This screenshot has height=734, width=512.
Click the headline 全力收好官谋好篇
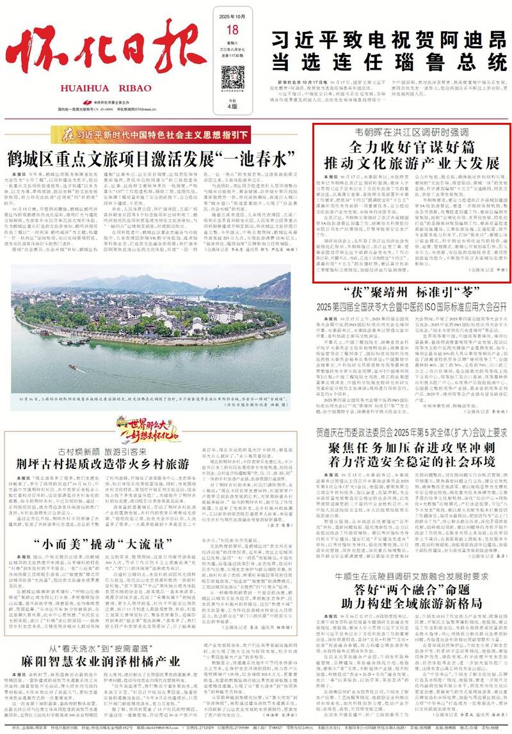click(x=412, y=146)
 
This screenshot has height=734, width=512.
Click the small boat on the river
click(x=72, y=367)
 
